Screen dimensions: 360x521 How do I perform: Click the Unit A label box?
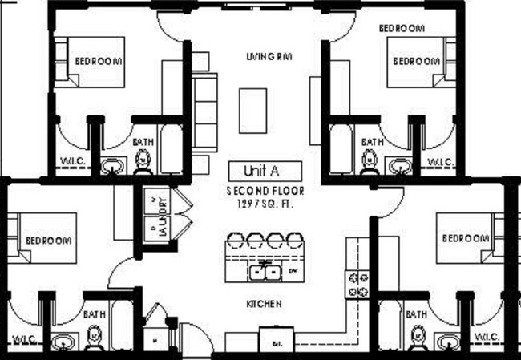click(x=265, y=170)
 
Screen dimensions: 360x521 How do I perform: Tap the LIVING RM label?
click(x=267, y=56)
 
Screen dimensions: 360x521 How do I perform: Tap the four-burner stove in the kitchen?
click(x=357, y=282)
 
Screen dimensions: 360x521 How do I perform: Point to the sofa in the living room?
click(x=205, y=111)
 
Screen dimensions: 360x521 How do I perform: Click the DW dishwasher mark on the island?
click(x=292, y=272)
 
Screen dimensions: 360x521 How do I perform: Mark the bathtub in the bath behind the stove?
click(x=391, y=330)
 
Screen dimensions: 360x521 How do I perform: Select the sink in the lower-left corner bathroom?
click(x=63, y=342)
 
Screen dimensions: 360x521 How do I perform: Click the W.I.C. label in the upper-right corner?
click(x=441, y=163)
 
